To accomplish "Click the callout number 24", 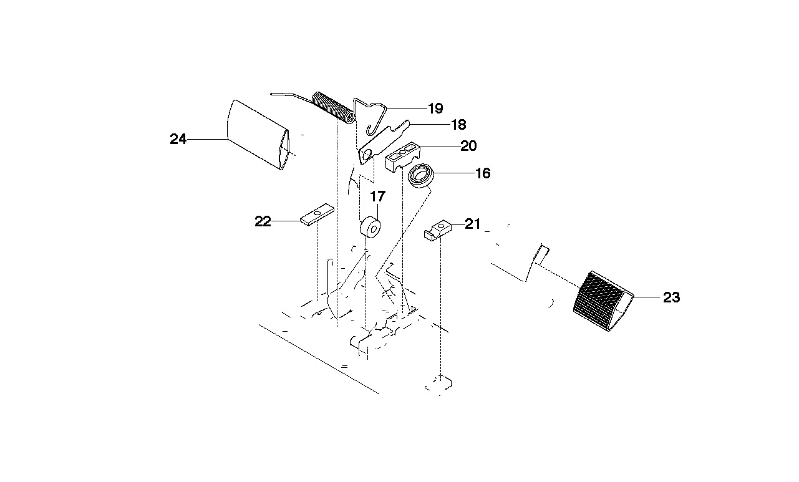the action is click(178, 139).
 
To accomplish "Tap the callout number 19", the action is click(435, 108).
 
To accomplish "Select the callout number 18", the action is click(458, 125).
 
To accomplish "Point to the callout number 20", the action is click(468, 146).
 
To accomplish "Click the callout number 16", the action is click(483, 173).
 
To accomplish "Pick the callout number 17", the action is click(378, 196).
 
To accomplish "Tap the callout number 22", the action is click(263, 221).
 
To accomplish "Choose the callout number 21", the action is click(473, 224).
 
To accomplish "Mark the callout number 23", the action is click(672, 297).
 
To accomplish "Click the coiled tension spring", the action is click(334, 107).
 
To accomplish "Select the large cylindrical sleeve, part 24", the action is click(258, 135).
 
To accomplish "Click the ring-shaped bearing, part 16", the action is click(421, 176).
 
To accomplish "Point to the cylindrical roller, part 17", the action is click(370, 227).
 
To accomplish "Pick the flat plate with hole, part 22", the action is click(317, 214).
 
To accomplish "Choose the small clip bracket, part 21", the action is click(438, 231).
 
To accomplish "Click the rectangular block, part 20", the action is click(403, 157).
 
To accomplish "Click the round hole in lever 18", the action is click(366, 155).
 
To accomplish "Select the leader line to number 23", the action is click(647, 297).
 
